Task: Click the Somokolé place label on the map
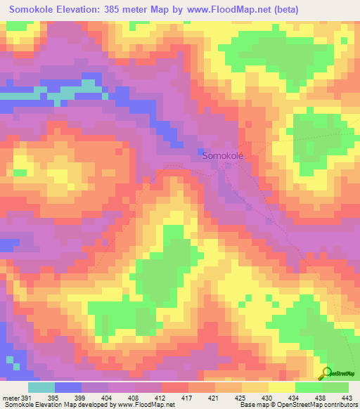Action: click(223, 157)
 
